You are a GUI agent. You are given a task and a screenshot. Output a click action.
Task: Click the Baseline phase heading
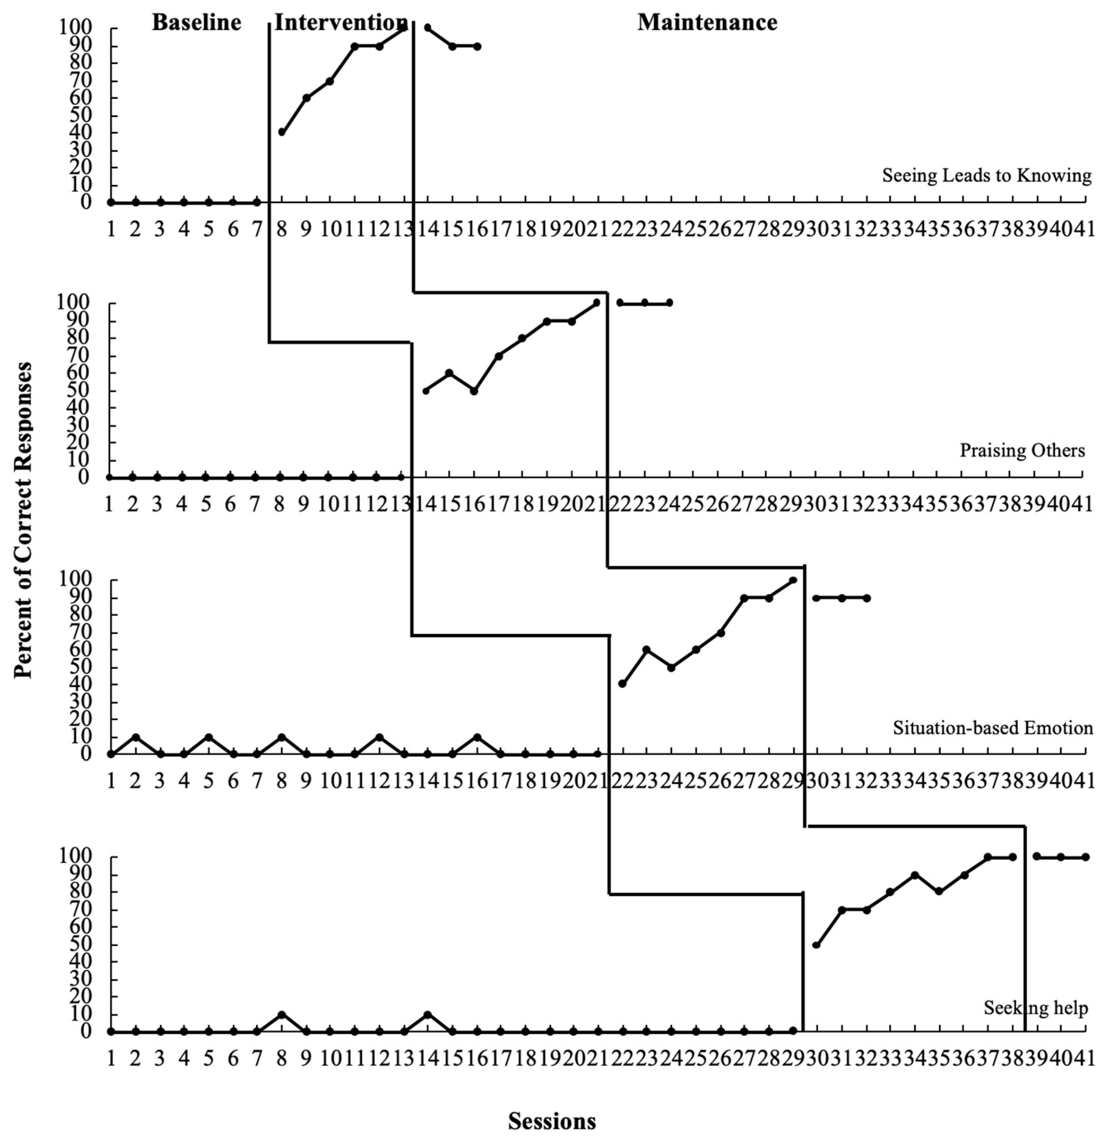tap(197, 23)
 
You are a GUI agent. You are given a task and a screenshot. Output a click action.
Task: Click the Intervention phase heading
tap(340, 23)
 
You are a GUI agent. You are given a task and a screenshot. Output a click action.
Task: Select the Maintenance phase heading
tap(707, 23)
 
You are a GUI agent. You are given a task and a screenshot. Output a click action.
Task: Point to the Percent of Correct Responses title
tap(23, 521)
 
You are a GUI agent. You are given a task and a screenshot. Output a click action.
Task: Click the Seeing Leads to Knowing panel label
tap(986, 175)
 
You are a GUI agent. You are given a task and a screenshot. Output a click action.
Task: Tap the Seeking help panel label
tap(1036, 1008)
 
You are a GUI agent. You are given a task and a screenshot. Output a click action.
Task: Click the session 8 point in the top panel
tap(282, 132)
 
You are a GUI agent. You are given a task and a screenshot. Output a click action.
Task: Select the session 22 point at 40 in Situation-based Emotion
tap(622, 684)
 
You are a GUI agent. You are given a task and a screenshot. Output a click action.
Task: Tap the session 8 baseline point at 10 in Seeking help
tap(282, 1015)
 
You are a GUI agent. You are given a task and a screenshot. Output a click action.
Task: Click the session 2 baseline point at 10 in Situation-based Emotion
tap(135, 737)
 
